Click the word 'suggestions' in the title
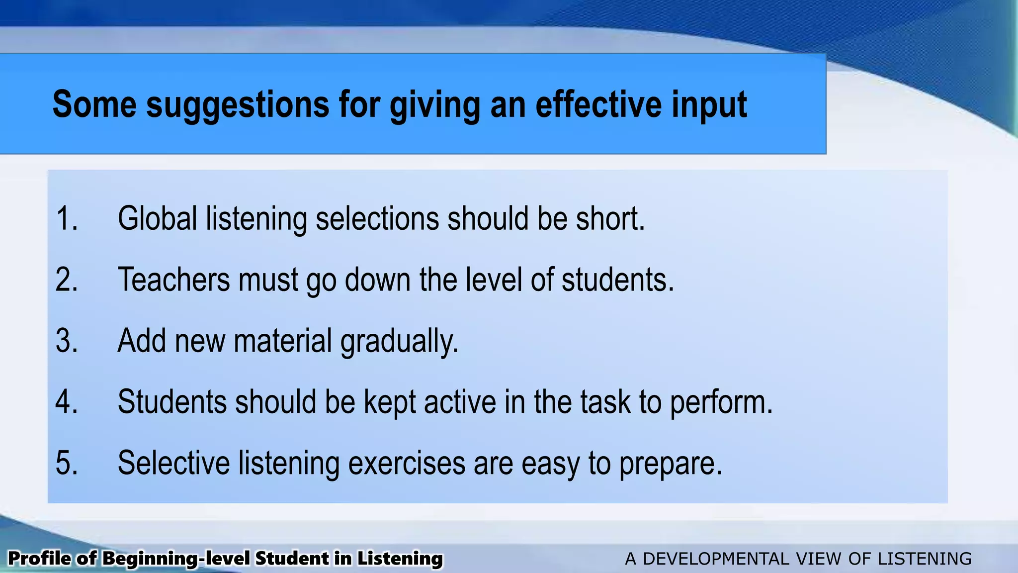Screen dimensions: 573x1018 (238, 104)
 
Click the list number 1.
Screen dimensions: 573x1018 (67, 218)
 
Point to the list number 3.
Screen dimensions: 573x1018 (67, 341)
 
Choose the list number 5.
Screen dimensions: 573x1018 (67, 463)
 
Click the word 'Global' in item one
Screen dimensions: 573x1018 (158, 218)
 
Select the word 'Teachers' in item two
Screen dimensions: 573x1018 (173, 280)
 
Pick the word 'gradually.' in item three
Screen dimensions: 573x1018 (399, 342)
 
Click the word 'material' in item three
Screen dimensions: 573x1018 (282, 341)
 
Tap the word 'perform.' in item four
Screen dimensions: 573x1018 (721, 402)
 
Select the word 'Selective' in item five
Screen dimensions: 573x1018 (173, 463)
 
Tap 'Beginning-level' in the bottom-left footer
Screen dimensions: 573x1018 (175, 559)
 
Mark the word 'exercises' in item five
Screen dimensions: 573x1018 (406, 463)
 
